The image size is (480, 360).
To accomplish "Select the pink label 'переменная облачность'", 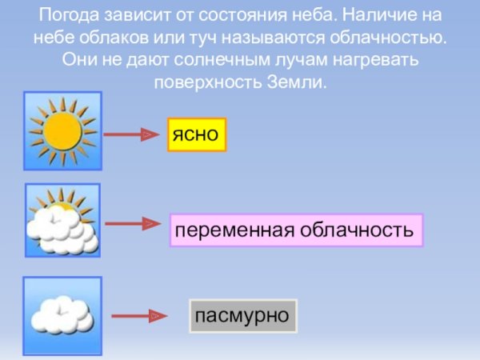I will coord(295,230).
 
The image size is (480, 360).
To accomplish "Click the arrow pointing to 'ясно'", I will coord(130,135).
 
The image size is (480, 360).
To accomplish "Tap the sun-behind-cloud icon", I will coord(62,221).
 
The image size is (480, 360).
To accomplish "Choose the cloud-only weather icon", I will coord(62,314).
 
